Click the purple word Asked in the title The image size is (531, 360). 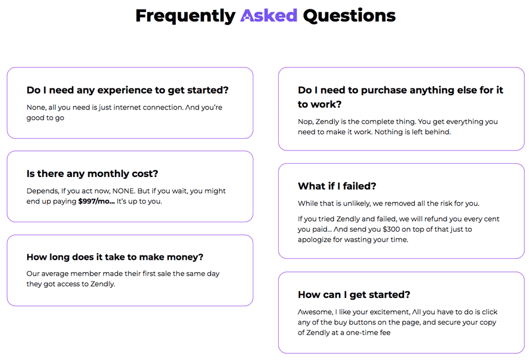pos(269,15)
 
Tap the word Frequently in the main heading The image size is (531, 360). pos(185,16)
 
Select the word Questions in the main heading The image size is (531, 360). pos(349,16)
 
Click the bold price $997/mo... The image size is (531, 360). pos(96,201)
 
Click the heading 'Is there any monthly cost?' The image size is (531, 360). pos(92,174)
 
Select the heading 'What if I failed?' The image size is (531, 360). pos(337,186)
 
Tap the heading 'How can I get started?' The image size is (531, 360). pos(354,295)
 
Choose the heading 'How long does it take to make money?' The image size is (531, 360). pos(115,257)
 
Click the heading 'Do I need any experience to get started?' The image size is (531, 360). pos(128,90)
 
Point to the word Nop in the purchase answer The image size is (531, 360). pos(305,122)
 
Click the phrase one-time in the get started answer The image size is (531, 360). pos(362,332)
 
